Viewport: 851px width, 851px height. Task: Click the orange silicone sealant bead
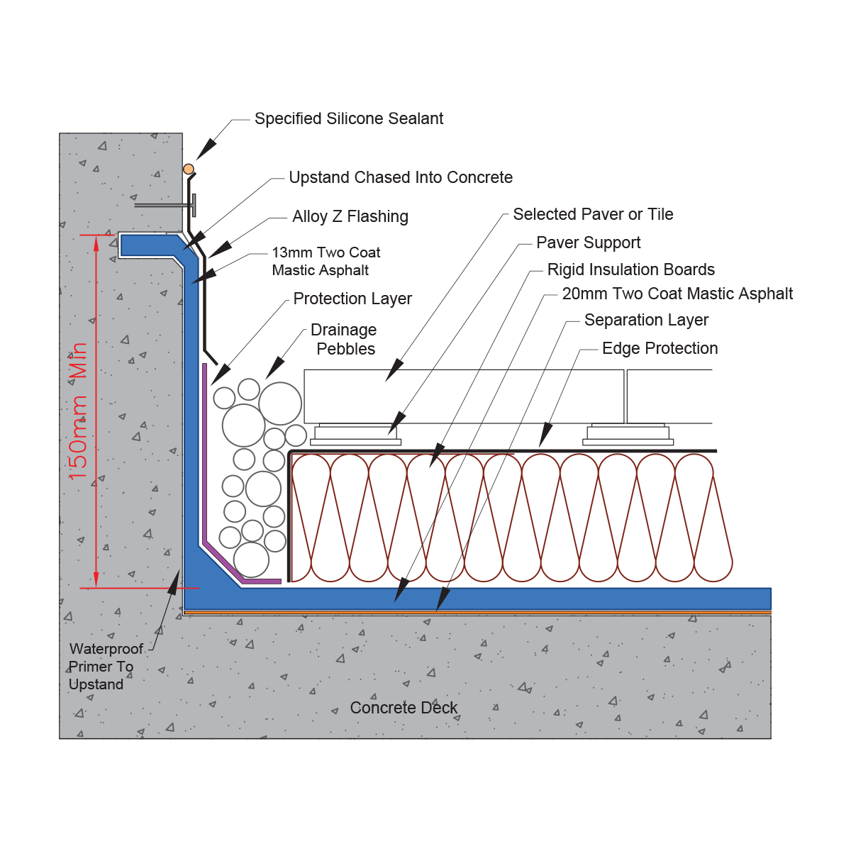pos(189,169)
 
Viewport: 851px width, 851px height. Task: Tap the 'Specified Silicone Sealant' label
pos(348,119)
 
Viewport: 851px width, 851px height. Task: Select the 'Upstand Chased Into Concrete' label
pos(401,177)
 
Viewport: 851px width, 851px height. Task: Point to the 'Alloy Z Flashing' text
pos(350,216)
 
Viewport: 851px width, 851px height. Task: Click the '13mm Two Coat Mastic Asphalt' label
pos(326,261)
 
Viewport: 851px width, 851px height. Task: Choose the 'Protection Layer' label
pos(352,299)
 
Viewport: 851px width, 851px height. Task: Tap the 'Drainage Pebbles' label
pos(344,339)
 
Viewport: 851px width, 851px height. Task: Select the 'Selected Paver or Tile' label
pos(593,214)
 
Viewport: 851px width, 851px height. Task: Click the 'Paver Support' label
pos(588,243)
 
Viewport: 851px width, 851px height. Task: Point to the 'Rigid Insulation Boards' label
pos(630,269)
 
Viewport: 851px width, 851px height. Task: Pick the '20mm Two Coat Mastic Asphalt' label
pos(677,294)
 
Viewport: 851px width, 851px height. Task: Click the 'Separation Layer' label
pos(646,320)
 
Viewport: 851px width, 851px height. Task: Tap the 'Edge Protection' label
pos(660,348)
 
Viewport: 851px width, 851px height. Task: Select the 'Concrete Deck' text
pos(404,708)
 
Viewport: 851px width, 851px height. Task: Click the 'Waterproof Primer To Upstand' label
pos(106,667)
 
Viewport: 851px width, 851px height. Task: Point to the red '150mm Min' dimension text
pos(78,411)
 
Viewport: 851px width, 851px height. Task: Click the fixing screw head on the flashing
pos(194,206)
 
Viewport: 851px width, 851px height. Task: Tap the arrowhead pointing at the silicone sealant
pos(206,149)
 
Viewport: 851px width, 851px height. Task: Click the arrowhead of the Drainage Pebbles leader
pos(274,368)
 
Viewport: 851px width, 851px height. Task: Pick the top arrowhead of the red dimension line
pos(96,244)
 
